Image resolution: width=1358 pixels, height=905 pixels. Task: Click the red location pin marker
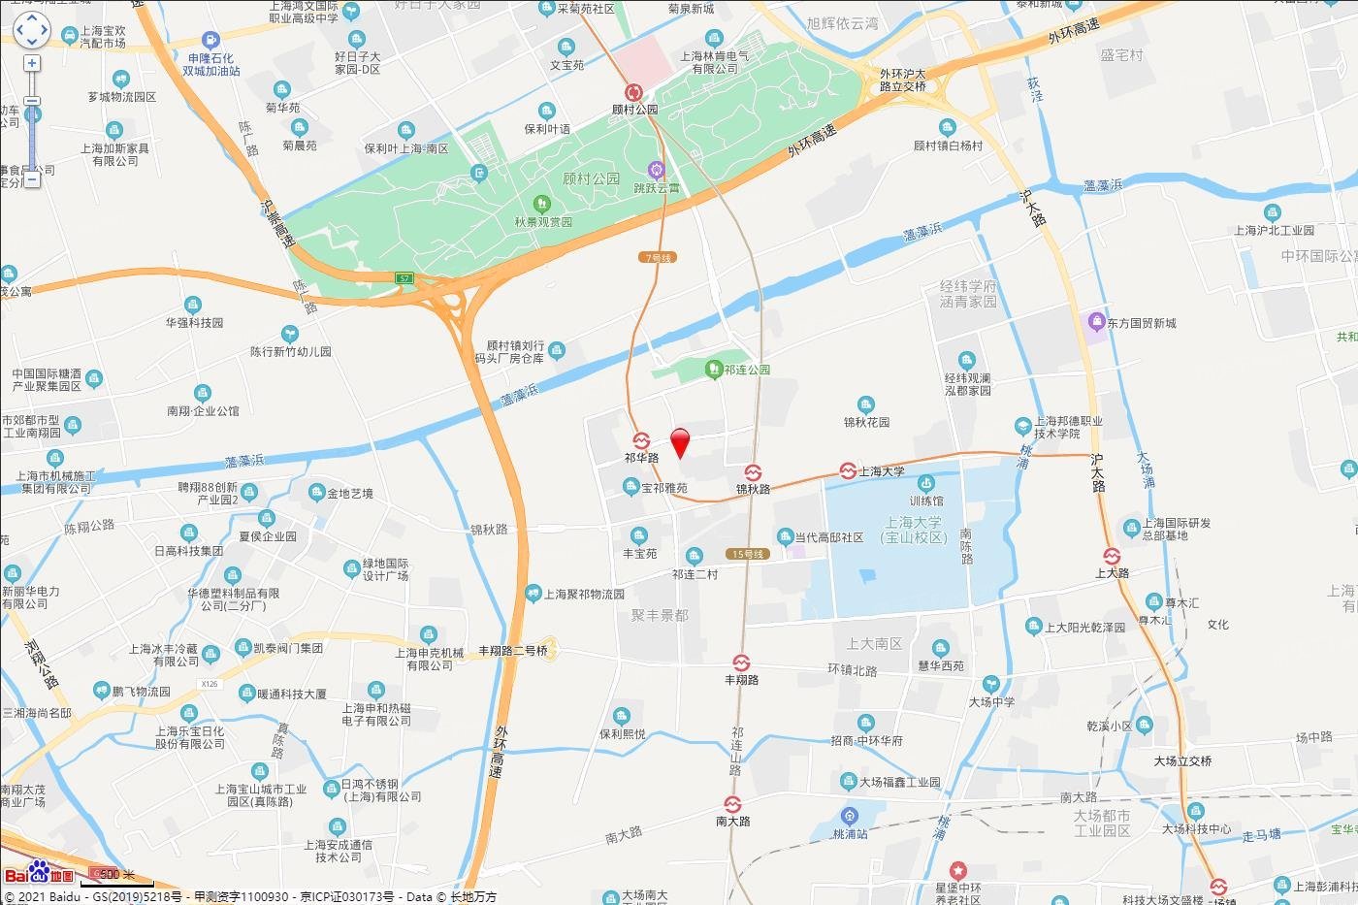tap(681, 442)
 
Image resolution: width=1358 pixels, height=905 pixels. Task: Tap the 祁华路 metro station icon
tap(641, 440)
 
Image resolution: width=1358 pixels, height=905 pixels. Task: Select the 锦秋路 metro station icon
tap(753, 473)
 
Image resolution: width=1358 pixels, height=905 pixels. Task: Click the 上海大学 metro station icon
tap(848, 471)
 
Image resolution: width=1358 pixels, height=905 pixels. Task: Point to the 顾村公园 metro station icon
tap(634, 93)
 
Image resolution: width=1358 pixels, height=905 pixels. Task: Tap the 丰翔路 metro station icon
tap(741, 663)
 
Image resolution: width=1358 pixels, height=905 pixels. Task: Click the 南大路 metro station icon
tap(732, 805)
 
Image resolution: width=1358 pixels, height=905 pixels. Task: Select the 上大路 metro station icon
tap(1112, 557)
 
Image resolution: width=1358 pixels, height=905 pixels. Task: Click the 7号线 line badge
tap(658, 258)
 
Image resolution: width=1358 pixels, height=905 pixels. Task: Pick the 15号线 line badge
tap(748, 554)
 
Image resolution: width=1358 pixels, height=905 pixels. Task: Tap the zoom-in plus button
tap(32, 64)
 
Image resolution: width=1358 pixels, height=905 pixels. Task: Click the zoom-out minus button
tap(32, 178)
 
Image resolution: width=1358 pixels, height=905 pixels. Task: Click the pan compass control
tap(31, 30)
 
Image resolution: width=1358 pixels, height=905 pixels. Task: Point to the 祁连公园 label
tap(746, 370)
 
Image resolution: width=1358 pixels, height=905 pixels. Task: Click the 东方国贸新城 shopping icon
tap(1096, 321)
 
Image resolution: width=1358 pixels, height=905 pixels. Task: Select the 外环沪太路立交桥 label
tap(902, 81)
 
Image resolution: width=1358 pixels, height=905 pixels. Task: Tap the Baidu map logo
tap(39, 873)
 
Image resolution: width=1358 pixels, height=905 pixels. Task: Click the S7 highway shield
tap(404, 278)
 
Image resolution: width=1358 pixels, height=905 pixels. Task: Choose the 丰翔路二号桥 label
tap(513, 651)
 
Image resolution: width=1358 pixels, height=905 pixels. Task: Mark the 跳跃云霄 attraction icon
tap(656, 170)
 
